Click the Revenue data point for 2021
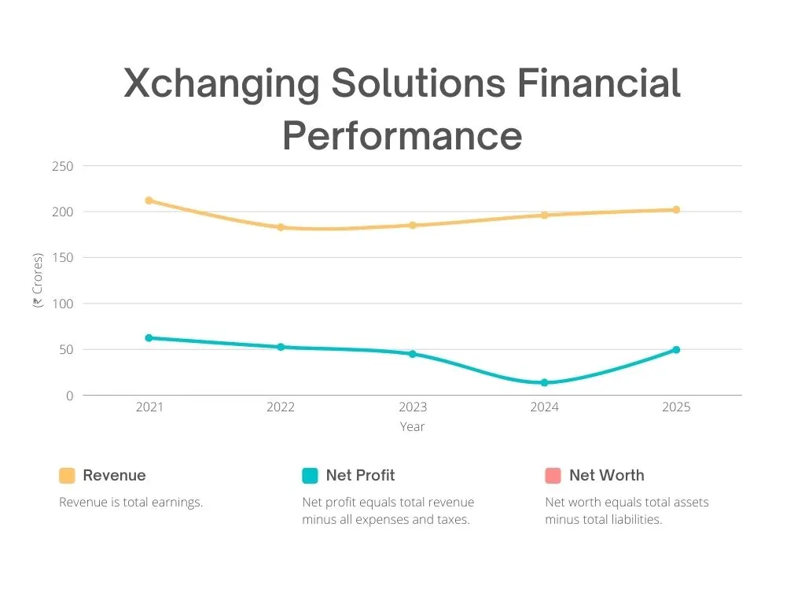(x=149, y=201)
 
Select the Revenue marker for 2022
(x=281, y=227)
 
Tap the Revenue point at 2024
(x=544, y=215)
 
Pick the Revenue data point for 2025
(x=676, y=210)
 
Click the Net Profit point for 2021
(x=149, y=337)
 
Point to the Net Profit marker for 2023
(x=413, y=354)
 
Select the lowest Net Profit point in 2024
(x=544, y=383)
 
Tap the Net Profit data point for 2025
(x=676, y=350)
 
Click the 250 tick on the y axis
(x=63, y=167)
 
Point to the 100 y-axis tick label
(x=63, y=304)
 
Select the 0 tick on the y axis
(x=69, y=396)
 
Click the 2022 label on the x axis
(x=281, y=407)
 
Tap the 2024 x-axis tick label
(x=544, y=407)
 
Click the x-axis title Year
(x=412, y=427)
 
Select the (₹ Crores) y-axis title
(x=38, y=281)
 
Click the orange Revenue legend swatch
(x=68, y=476)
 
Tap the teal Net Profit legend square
(x=311, y=476)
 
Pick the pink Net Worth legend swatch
(x=553, y=476)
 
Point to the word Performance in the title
(x=402, y=135)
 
